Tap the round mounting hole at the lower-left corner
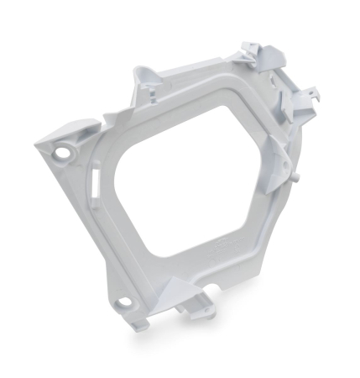tap(123, 301)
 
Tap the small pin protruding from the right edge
tap(295, 177)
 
